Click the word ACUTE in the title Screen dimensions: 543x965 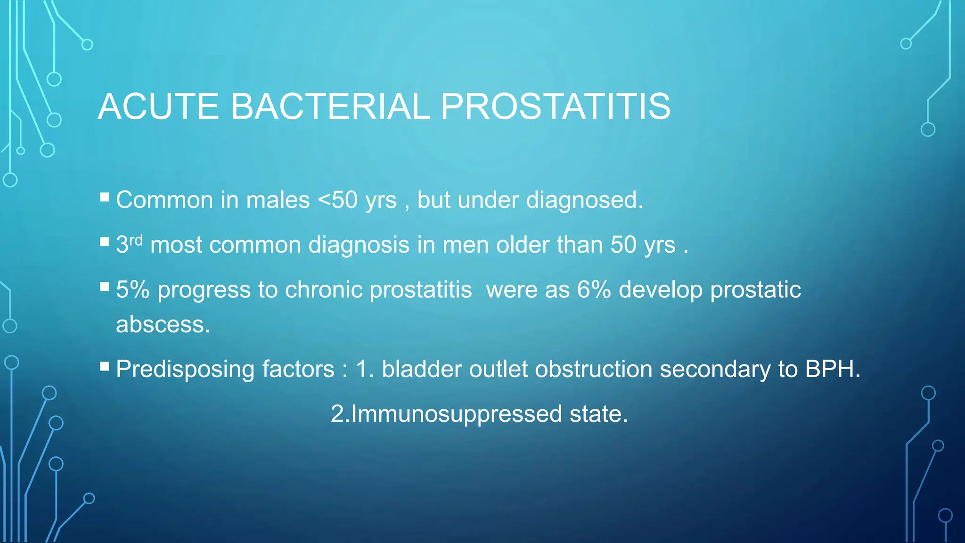pyautogui.click(x=158, y=107)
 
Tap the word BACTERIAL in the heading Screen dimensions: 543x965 pyautogui.click(x=330, y=107)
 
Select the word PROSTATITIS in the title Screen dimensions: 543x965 pyautogui.click(x=556, y=107)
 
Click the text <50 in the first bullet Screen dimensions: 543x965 pyautogui.click(x=338, y=200)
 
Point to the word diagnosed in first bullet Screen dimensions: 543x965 pyautogui.click(x=584, y=200)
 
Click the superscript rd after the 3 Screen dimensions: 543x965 pyautogui.click(x=136, y=240)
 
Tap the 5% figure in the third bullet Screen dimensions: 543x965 pyautogui.click(x=132, y=290)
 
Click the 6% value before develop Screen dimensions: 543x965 pyautogui.click(x=594, y=290)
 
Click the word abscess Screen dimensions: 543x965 pyautogui.click(x=162, y=325)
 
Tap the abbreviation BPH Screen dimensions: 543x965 pyautogui.click(x=832, y=369)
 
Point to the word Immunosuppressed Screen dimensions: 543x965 pyautogui.click(x=456, y=414)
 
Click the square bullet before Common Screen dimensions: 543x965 pyautogui.click(x=105, y=197)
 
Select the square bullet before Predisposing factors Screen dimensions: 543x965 pyautogui.click(x=105, y=366)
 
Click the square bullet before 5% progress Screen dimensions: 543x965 pyautogui.click(x=105, y=286)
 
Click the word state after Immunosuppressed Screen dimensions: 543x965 pyautogui.click(x=598, y=414)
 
